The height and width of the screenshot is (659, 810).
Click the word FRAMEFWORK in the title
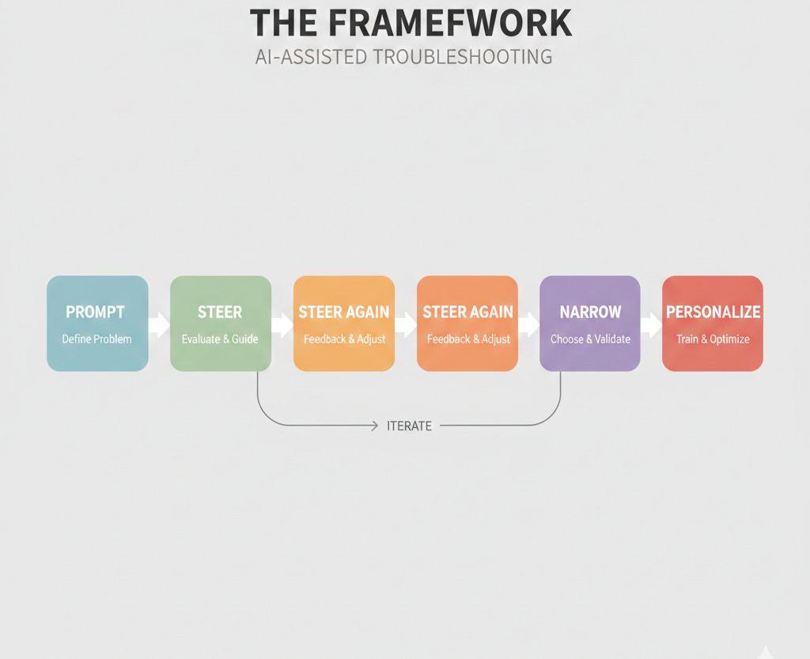pos(449,24)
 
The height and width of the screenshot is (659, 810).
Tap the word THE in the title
pos(283,24)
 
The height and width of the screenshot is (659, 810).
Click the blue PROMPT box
pos(97,324)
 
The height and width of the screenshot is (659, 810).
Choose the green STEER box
pos(221,324)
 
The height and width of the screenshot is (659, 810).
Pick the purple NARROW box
pos(590,324)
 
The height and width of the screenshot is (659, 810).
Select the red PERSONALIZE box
pos(713,324)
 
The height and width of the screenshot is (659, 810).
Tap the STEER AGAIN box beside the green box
pos(344,324)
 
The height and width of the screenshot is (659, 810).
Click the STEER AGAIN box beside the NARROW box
pos(467,324)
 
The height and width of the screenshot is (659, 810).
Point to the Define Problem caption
pos(97,339)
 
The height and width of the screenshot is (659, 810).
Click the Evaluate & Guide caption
pos(220,339)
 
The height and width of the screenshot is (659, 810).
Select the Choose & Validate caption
pos(590,339)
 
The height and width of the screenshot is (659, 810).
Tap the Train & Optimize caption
pos(713,339)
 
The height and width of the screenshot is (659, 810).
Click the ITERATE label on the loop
pos(409,426)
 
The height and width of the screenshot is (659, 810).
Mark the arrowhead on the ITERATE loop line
pos(375,426)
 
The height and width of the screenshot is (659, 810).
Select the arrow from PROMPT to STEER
pos(159,324)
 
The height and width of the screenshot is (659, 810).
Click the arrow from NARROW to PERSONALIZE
pos(652,324)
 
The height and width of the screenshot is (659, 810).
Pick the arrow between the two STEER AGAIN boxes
pos(406,324)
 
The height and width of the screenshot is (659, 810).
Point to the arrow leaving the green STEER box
pos(282,324)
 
